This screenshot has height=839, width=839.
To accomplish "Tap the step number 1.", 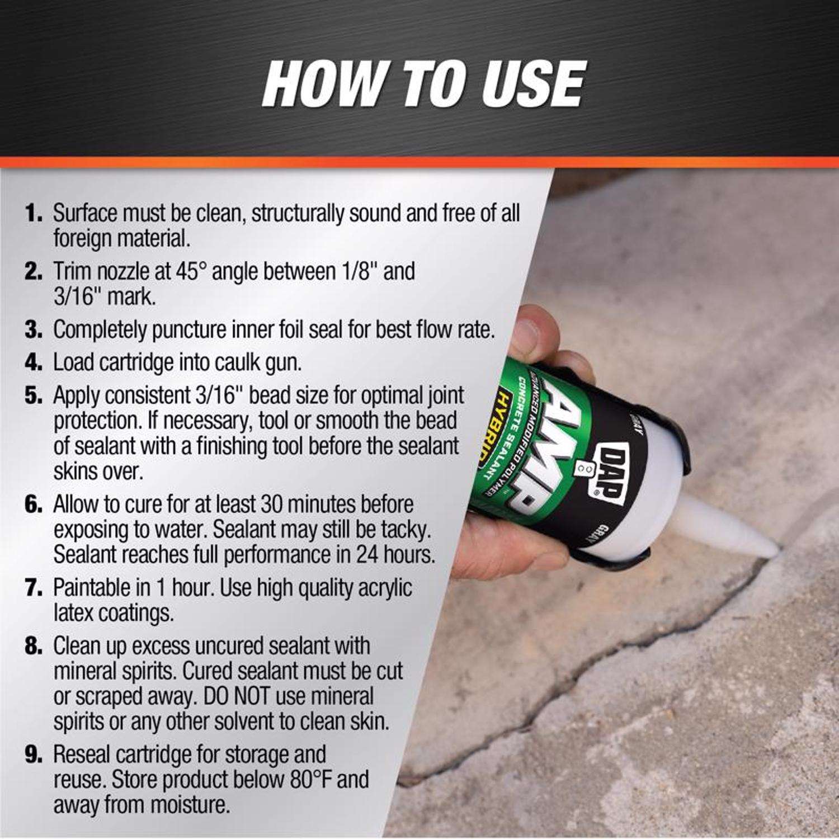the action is (34, 214).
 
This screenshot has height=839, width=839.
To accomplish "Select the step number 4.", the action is (34, 362).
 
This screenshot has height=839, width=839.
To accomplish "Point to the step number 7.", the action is (34, 588).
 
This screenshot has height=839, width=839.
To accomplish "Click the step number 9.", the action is (34, 755).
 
